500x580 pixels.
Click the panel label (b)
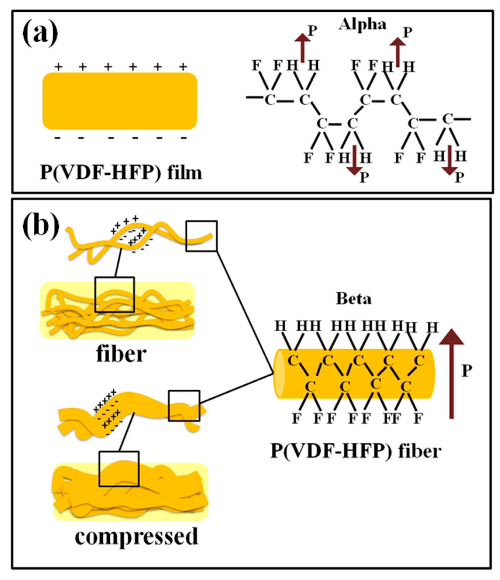(41, 226)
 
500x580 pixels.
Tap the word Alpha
(362, 25)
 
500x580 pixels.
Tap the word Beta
(354, 299)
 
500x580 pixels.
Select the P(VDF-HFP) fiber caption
(356, 451)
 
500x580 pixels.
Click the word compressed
(136, 537)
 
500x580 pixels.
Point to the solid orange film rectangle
(120, 101)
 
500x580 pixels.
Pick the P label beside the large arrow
(467, 371)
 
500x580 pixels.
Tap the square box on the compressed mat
(119, 469)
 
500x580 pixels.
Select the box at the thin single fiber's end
(201, 236)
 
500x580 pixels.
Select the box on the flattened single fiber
(184, 406)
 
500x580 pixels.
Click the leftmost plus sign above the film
(58, 67)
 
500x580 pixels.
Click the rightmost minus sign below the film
(183, 138)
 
